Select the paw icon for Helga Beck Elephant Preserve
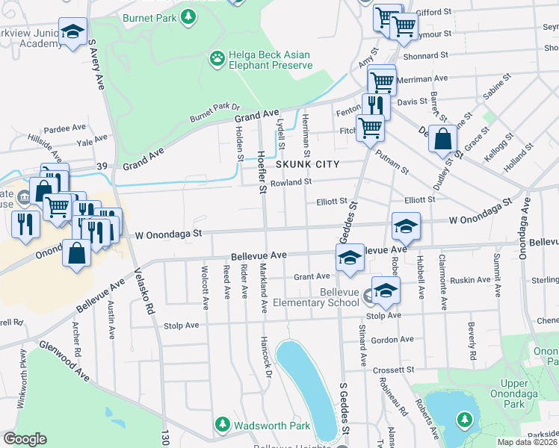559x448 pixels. click(217, 57)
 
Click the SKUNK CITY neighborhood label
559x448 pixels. click(307, 164)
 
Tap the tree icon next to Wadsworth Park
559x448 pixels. click(222, 425)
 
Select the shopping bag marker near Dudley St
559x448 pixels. click(443, 139)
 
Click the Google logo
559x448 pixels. click(25, 439)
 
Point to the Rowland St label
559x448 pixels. click(290, 182)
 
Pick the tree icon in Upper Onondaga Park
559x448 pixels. click(464, 420)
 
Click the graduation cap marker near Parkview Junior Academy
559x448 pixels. click(72, 32)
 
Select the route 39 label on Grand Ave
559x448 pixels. click(103, 165)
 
